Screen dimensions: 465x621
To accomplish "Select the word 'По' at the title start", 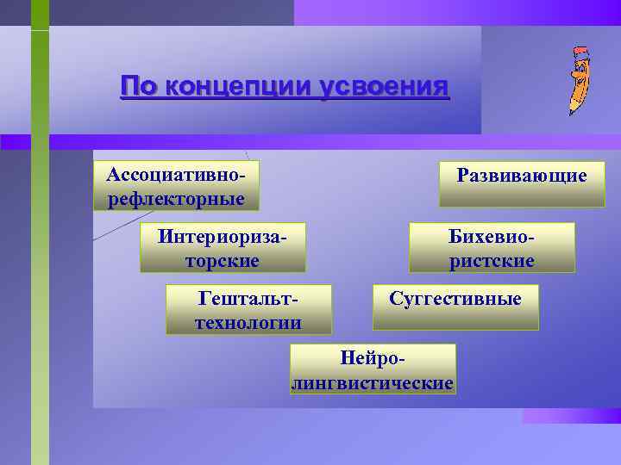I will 138,87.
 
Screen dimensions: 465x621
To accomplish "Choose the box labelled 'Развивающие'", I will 522,183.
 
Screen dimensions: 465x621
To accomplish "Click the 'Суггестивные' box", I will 455,307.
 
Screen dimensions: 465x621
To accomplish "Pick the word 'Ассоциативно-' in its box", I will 176,174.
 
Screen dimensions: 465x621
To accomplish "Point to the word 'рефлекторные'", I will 176,200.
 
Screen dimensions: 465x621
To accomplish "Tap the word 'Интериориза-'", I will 223,235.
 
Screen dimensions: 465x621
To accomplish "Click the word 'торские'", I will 223,260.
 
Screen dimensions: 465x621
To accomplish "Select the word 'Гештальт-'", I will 249,298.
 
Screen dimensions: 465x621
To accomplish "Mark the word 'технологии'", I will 249,323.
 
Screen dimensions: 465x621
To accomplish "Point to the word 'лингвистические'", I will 373,382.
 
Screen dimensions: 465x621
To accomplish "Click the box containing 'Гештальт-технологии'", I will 249,310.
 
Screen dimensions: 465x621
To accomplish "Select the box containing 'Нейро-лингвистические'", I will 373,369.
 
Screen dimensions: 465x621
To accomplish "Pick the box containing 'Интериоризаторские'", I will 223,247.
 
